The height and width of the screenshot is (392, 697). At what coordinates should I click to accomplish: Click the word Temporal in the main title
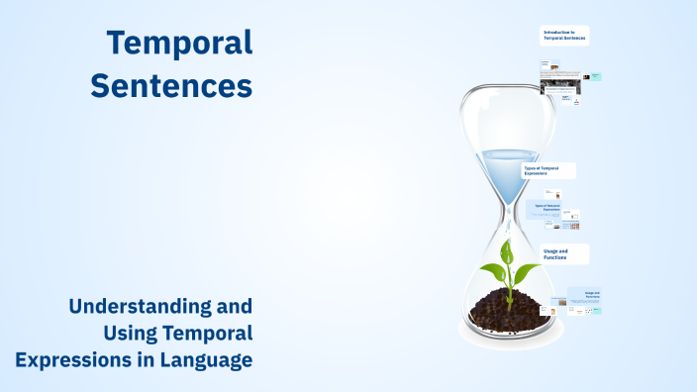point(179,43)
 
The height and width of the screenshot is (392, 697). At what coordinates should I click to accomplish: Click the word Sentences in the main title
point(171,85)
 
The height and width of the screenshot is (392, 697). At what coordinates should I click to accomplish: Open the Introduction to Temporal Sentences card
point(564,36)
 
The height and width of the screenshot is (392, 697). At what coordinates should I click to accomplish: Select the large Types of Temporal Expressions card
point(548,170)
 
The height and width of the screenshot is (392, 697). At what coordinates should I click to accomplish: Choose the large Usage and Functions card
point(565,254)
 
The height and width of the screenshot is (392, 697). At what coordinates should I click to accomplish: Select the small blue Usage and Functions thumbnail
point(591,296)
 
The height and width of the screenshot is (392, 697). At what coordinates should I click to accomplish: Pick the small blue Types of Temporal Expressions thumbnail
point(548,209)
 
